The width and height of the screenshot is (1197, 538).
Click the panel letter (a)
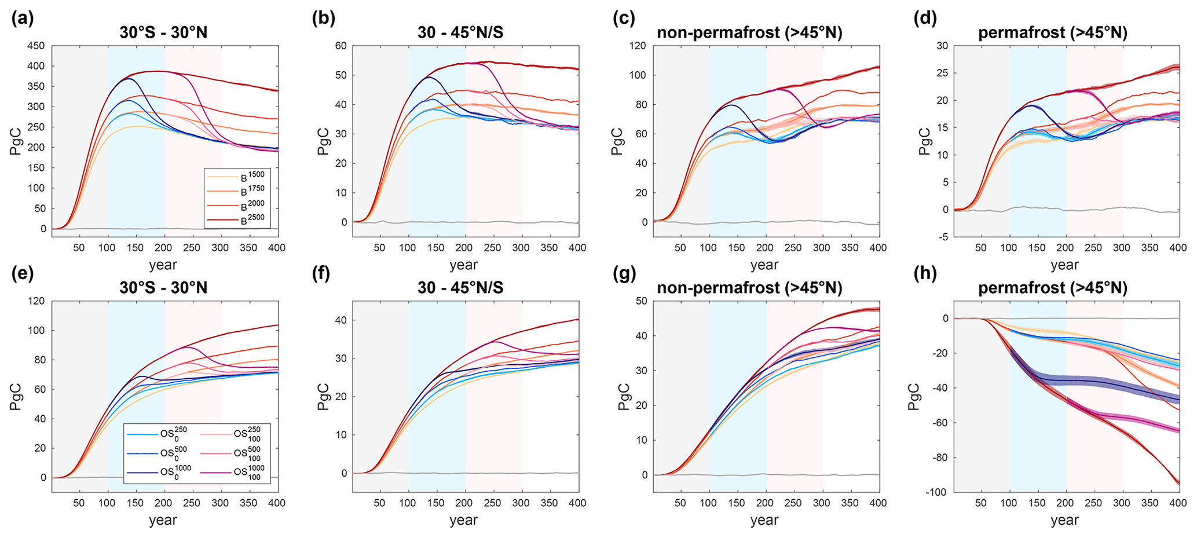pyautogui.click(x=23, y=19)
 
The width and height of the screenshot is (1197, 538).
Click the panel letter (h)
pyautogui.click(x=925, y=273)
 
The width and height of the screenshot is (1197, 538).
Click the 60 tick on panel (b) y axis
pyautogui.click(x=341, y=46)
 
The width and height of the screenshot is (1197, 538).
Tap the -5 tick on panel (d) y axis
pyautogui.click(x=943, y=236)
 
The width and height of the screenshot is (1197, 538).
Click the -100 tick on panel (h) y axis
pyautogui.click(x=936, y=492)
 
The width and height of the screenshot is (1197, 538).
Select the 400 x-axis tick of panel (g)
pyautogui.click(x=878, y=503)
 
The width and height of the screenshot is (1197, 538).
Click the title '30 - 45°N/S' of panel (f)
pyautogui.click(x=460, y=288)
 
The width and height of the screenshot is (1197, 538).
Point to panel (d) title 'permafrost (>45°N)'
pyautogui.click(x=1053, y=33)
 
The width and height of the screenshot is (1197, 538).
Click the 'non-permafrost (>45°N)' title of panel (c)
pyautogui.click(x=749, y=33)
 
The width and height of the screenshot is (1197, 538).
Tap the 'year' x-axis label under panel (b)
pyautogui.click(x=463, y=265)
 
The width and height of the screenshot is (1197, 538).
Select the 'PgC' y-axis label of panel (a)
pyautogui.click(x=16, y=141)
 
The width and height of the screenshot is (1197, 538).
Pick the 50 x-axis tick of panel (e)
pyautogui.click(x=79, y=503)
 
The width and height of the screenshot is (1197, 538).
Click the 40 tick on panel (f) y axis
pyautogui.click(x=341, y=320)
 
